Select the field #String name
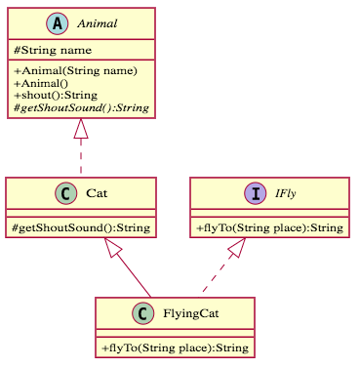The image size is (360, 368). click(x=53, y=50)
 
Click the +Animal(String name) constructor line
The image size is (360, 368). click(x=75, y=70)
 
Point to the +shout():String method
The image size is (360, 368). click(x=57, y=96)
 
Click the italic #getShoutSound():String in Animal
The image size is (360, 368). click(x=81, y=107)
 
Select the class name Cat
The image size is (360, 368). click(x=97, y=193)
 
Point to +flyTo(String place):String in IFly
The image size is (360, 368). click(x=269, y=228)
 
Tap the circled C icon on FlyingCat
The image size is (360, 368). click(x=141, y=314)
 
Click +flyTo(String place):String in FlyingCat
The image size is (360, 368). click(x=176, y=348)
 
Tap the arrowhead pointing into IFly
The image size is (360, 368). click(x=236, y=248)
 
